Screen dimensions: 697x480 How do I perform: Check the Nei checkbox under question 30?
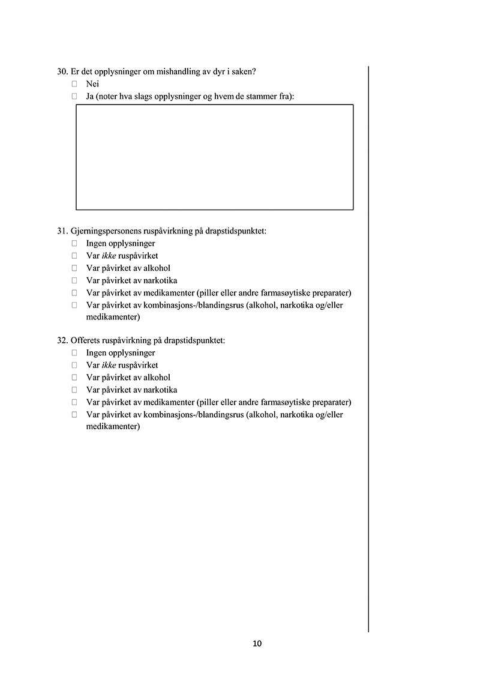pos(74,84)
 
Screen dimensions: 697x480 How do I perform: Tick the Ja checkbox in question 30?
pos(74,96)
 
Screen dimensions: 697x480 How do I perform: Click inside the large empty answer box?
pos(214,157)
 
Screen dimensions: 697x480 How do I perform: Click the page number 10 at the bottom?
pos(257,644)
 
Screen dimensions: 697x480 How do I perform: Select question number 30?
pos(62,71)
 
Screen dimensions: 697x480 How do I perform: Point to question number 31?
pos(62,231)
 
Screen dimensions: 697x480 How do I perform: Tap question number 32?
pos(62,340)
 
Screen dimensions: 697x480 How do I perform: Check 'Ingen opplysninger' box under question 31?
pos(74,244)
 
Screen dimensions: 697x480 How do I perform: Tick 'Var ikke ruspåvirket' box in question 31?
pos(74,256)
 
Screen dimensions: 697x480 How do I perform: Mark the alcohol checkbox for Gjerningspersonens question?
pos(74,268)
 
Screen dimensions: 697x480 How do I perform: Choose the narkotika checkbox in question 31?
pos(74,280)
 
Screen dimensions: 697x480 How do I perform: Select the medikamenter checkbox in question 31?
pos(74,293)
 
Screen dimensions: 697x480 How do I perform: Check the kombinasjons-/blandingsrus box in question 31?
pos(74,305)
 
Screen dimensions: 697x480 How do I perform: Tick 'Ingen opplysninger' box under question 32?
pos(74,353)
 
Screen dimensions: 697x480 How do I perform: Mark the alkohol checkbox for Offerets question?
pos(74,378)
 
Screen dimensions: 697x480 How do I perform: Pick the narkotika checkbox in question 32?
pos(74,390)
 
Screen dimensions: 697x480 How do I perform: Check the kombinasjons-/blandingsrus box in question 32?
pos(74,414)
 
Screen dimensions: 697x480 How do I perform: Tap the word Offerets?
pos(86,340)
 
